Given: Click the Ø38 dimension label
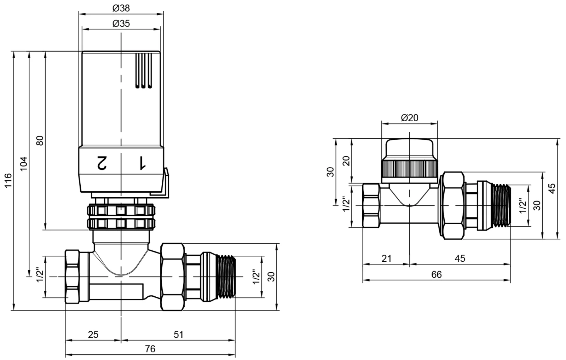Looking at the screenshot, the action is coord(121,8).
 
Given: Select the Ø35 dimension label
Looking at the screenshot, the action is coord(121,23).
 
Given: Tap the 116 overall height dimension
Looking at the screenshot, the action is coord(8,180).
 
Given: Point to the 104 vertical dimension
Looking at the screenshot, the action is coord(23,164).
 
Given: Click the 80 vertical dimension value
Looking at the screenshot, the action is coord(40,140).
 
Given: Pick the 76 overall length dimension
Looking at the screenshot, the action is coord(150,349).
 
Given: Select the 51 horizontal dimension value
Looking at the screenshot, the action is coord(178,335).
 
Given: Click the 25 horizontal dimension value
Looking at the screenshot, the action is coord(93,335).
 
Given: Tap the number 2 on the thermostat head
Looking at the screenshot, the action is coord(102,163).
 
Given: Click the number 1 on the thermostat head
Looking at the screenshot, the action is coord(142,163).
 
